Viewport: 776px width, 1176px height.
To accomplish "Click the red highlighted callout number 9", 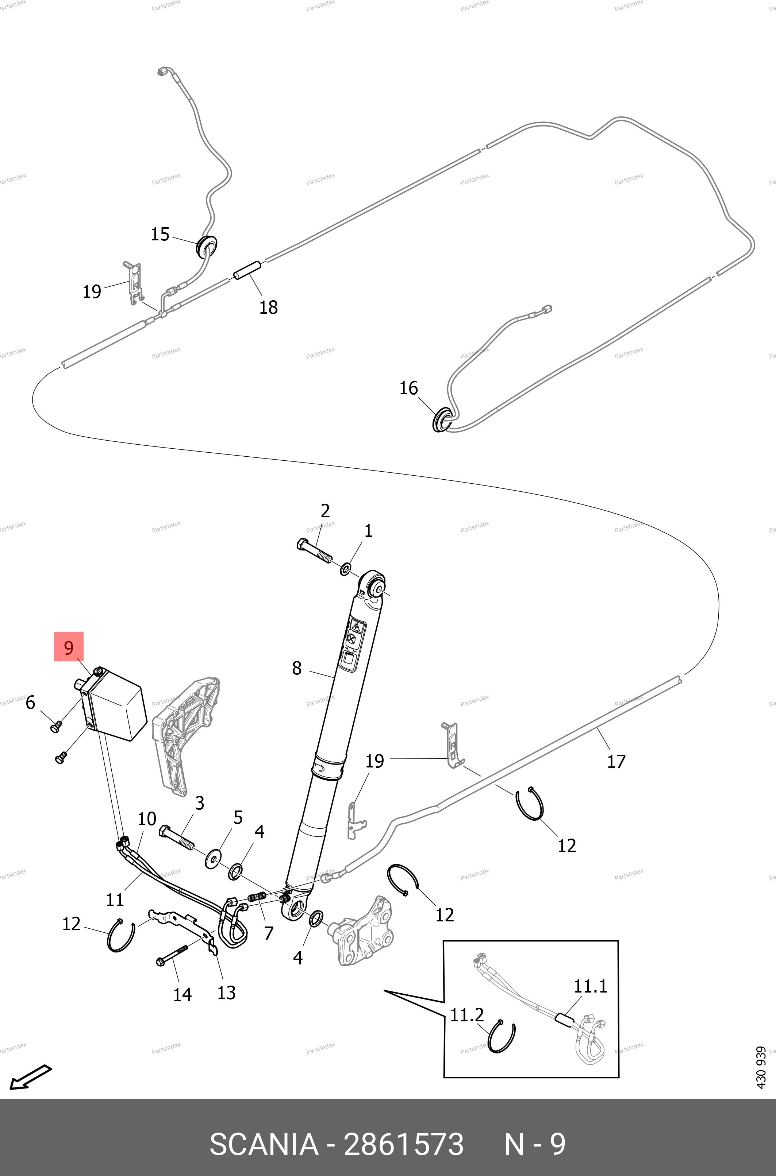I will click(x=69, y=647).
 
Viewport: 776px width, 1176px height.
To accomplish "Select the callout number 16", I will click(x=408, y=388).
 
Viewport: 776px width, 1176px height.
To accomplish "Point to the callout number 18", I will click(x=268, y=307).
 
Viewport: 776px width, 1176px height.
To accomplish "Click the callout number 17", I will click(x=616, y=761).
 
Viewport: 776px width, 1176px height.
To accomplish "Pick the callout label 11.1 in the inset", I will click(x=590, y=987).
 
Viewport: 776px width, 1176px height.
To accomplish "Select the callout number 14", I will click(x=182, y=994).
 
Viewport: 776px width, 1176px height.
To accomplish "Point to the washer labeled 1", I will click(x=345, y=569).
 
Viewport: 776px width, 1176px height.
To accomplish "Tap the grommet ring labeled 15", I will click(x=206, y=246).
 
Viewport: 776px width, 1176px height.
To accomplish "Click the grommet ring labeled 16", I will click(x=441, y=420).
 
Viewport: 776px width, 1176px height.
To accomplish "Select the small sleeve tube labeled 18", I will click(x=247, y=270).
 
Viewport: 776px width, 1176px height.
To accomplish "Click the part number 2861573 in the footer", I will click(x=403, y=1144).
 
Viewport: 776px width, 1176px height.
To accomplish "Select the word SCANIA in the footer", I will click(x=264, y=1144).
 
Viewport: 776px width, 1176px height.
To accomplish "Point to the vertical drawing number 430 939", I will click(x=761, y=1074).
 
